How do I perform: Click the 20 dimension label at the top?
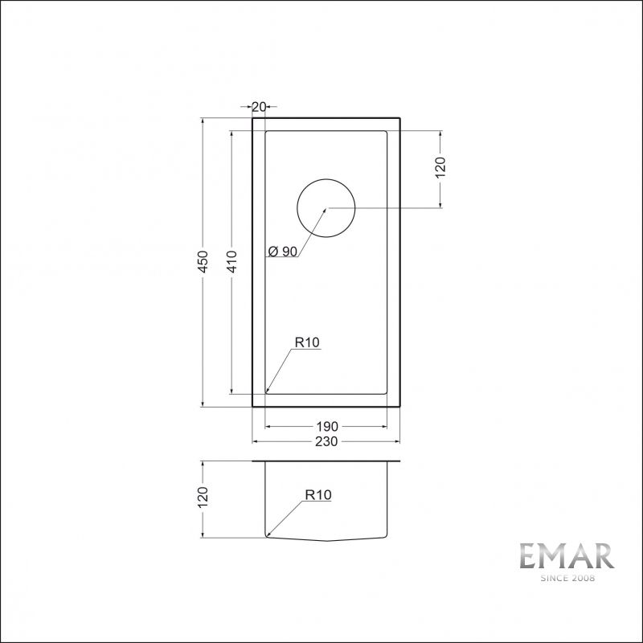point(260,106)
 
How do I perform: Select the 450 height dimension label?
point(204,262)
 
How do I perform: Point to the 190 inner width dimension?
point(326,426)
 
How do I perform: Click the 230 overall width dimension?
point(326,441)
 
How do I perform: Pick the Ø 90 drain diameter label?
point(282,252)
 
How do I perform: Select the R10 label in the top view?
point(307,342)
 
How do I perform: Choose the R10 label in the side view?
point(318,496)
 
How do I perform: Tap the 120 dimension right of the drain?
point(440,168)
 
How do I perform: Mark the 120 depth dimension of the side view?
point(204,499)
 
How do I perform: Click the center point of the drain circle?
point(326,207)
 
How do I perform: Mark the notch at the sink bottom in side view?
point(326,539)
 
